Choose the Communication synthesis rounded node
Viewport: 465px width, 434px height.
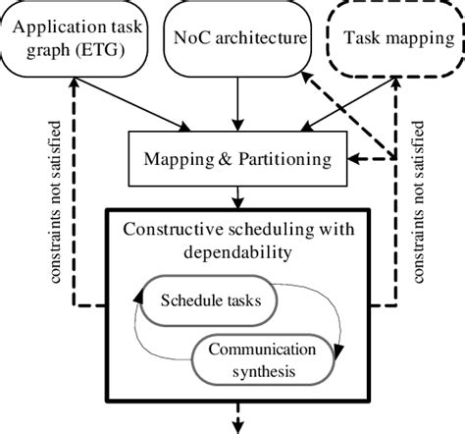point(267,360)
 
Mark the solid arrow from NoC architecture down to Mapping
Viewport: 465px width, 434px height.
point(234,103)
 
